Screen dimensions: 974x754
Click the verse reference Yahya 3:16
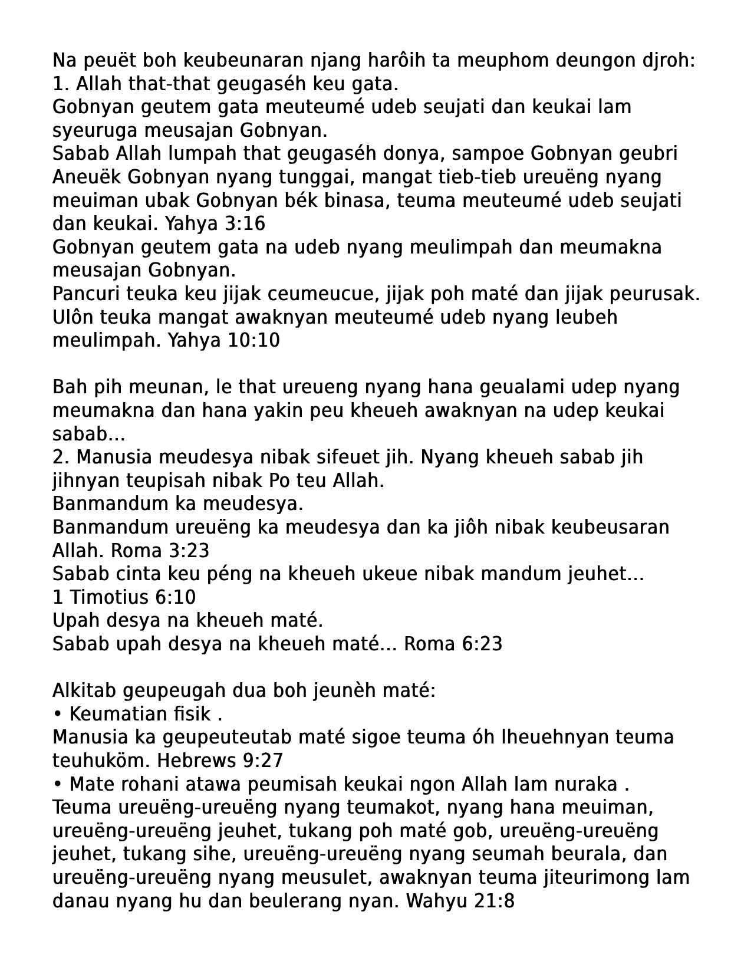(x=215, y=223)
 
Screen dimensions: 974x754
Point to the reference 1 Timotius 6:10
(x=124, y=597)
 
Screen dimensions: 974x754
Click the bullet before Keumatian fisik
(x=57, y=714)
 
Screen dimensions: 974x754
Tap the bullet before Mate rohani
(x=57, y=784)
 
